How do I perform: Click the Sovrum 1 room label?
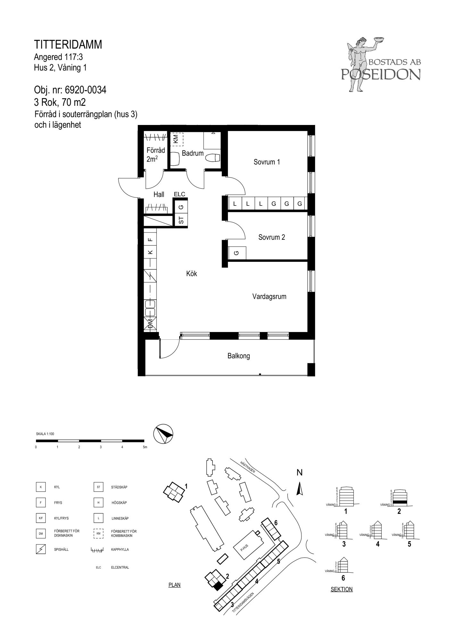267,162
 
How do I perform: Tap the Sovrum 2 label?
272,237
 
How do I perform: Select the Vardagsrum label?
269,296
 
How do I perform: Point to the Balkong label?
239,356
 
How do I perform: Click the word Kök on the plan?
192,273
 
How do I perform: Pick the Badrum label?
193,153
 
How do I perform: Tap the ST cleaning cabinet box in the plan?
181,220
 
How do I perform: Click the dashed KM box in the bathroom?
176,139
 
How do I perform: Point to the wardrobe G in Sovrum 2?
237,253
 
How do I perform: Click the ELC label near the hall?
180,194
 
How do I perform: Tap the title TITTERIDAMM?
68,45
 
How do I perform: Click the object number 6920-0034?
86,90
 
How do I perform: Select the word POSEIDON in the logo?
381,74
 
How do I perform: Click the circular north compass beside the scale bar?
163,434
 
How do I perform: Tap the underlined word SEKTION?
341,589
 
